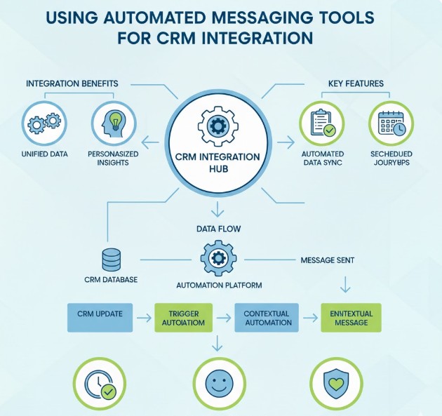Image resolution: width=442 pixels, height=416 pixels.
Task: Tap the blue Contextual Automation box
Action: tap(267, 317)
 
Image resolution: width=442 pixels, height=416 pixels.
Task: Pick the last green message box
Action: tap(351, 317)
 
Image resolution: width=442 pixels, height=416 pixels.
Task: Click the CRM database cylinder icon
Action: tap(112, 260)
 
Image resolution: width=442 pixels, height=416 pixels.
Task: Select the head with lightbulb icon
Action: tap(113, 124)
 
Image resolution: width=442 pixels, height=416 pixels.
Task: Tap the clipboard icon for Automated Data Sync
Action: tap(321, 124)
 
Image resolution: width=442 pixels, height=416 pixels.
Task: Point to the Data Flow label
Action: tap(217, 228)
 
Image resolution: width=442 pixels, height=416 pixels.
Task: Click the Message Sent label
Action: tap(327, 260)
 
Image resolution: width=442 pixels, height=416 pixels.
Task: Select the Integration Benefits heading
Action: tap(72, 83)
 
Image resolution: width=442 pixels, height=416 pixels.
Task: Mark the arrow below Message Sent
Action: tap(344, 283)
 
